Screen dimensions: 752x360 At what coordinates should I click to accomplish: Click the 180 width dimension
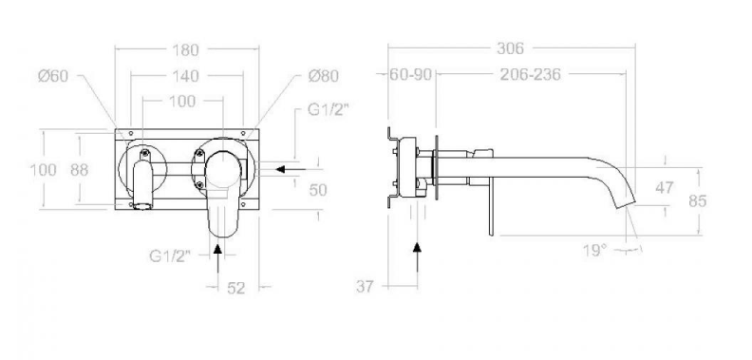pos(185,50)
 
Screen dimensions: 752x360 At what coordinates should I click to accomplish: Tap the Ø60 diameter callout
pos(53,76)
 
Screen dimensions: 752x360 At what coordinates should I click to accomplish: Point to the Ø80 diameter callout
pos(324,76)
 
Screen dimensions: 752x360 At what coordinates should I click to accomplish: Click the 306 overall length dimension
pos(510,48)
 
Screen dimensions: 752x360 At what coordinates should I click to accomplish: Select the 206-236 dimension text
pos(531,74)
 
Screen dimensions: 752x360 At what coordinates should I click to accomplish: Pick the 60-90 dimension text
pos(410,74)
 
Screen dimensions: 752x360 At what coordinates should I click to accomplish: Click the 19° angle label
pos(595,250)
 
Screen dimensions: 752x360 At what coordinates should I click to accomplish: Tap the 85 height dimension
pos(698,200)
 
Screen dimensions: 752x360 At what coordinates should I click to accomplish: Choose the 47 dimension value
pos(665,188)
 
